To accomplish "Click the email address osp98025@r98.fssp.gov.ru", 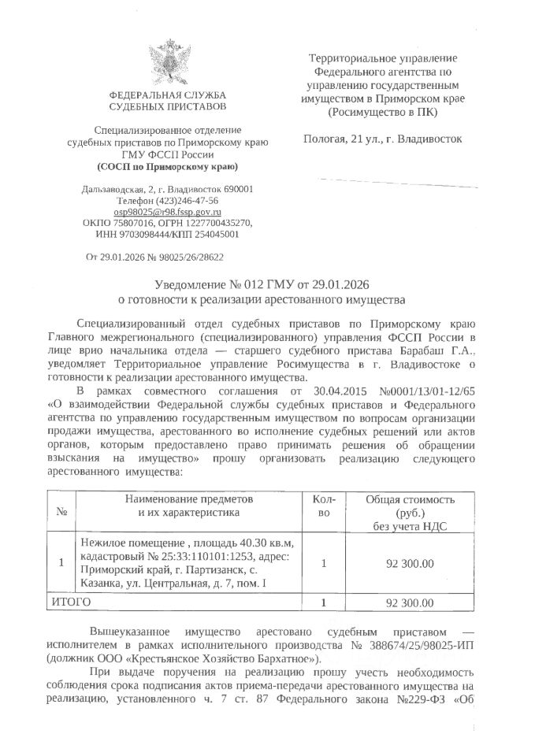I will pos(167,213).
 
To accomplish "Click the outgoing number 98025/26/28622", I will pos(190,257).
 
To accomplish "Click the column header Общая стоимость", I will pos(410,500).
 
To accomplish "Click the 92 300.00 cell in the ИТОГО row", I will pos(410,603).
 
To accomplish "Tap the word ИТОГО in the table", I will pos(71,602).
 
